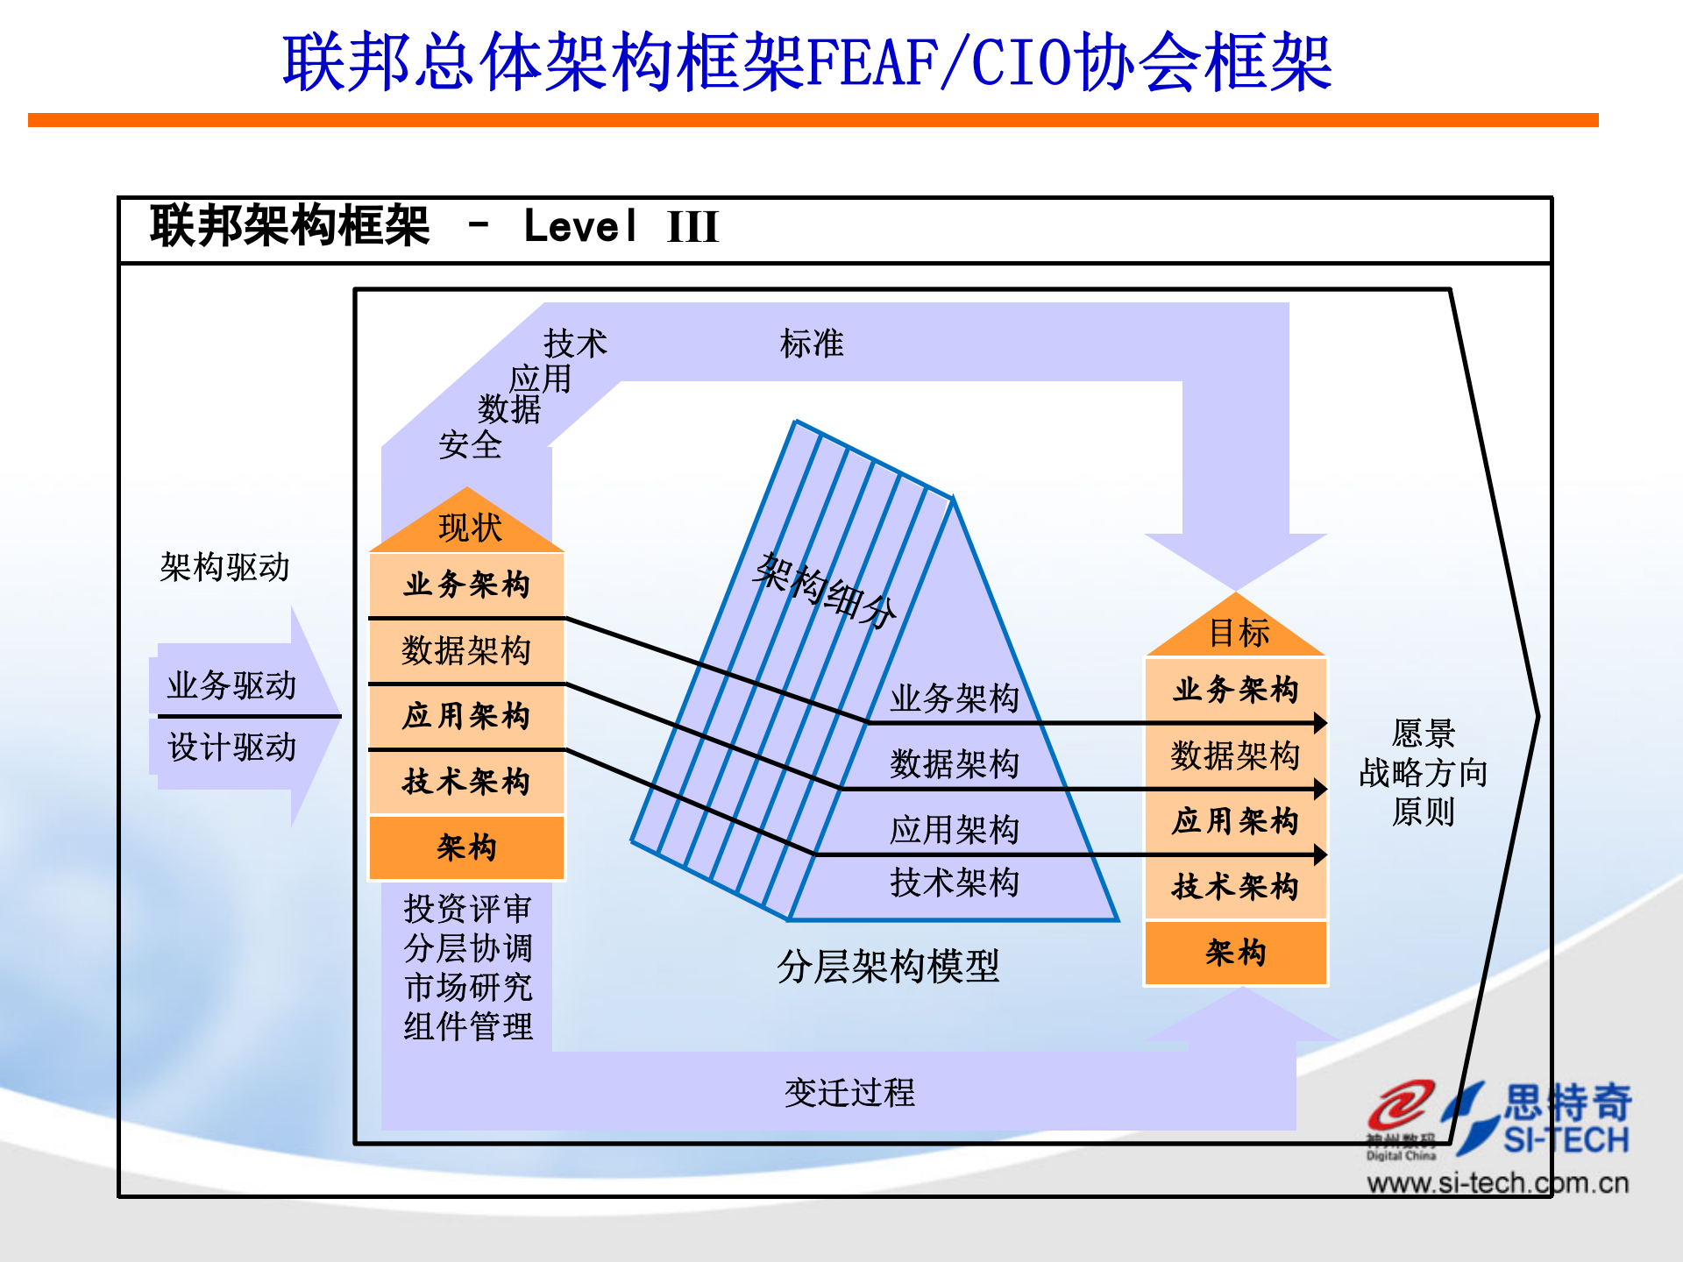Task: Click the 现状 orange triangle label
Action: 469,528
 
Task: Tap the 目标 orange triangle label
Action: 1238,633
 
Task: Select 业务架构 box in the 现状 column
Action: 466,585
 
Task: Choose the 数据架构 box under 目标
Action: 1235,755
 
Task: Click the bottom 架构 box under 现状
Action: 466,847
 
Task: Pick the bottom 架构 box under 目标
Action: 1235,953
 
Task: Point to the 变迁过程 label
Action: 849,1093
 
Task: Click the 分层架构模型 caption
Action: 887,967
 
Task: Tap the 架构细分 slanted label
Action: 825,590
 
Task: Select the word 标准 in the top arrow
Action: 811,344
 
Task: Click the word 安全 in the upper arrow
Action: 470,445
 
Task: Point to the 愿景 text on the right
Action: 1423,733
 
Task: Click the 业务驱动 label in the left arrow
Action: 231,685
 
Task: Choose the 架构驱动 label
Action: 224,568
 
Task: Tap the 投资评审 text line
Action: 467,909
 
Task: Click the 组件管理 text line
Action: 467,1026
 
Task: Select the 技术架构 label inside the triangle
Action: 954,883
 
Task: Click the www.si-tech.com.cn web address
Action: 1497,1184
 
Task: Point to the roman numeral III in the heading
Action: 692,227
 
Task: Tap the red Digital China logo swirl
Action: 1400,1106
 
